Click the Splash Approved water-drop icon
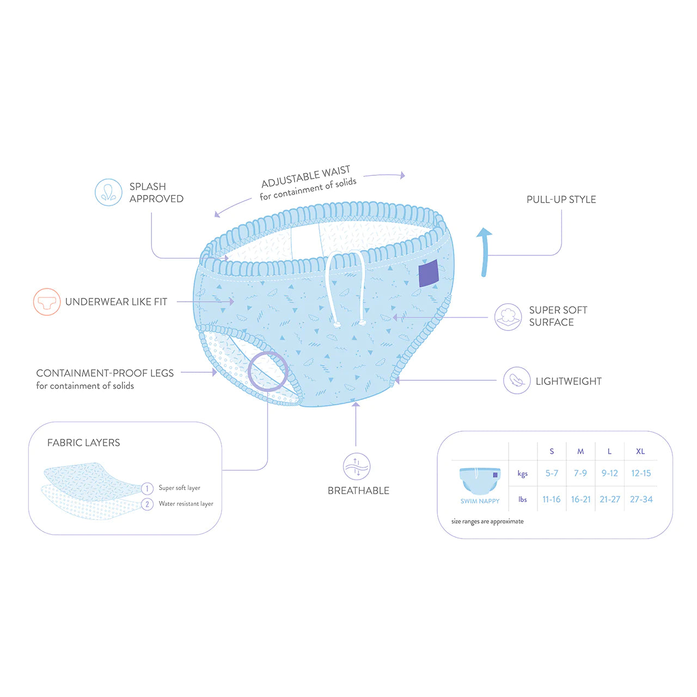point(108,192)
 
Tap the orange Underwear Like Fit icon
point(47,302)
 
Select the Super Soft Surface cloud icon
point(508,317)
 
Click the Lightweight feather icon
point(517,381)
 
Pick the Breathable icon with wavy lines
point(356,466)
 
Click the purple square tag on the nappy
point(429,273)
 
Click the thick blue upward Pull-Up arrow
point(485,252)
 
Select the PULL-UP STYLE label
point(561,199)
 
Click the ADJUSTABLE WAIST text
point(305,177)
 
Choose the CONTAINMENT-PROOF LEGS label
point(105,373)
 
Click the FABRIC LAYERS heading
point(83,442)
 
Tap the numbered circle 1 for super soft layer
point(147,488)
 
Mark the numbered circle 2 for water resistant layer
point(147,504)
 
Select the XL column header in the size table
point(640,451)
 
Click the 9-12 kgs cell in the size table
point(609,473)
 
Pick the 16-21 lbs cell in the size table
point(580,499)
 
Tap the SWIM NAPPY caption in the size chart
point(480,501)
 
